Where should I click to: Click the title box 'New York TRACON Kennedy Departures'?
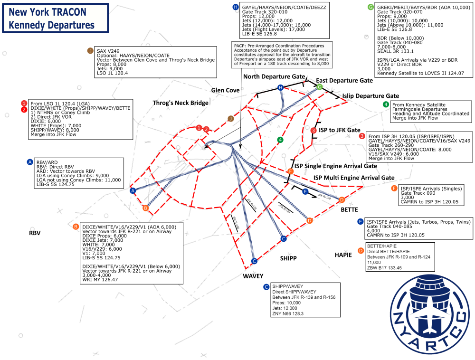coord(56,18)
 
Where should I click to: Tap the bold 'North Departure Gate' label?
coord(274,76)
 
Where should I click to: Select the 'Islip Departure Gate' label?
coord(370,96)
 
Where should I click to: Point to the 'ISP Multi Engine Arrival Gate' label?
coord(354,178)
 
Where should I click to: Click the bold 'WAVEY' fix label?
coord(253,275)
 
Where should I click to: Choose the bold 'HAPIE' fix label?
coord(343,255)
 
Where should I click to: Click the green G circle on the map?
coord(320,87)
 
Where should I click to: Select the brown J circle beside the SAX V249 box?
coord(231,119)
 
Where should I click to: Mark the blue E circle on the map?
coord(305,191)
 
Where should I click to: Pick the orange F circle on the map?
coord(291,171)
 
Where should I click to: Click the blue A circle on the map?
coord(133,190)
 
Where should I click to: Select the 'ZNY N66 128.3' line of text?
coord(287,313)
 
